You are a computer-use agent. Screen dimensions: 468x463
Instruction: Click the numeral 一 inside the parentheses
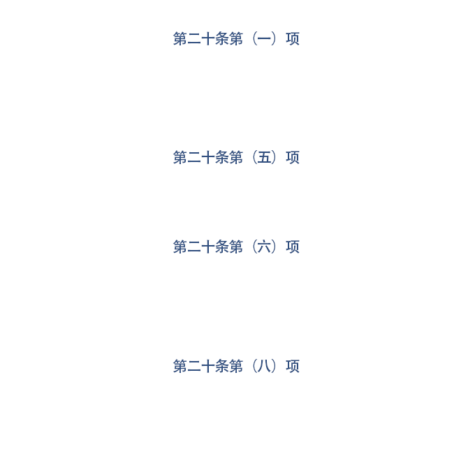coord(264,39)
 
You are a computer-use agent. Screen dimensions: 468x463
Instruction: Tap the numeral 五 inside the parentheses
coord(264,157)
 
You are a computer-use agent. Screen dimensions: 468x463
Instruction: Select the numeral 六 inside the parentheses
coord(264,247)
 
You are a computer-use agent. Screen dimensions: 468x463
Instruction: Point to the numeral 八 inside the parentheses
coord(264,366)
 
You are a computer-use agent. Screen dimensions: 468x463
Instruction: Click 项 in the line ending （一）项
coord(293,39)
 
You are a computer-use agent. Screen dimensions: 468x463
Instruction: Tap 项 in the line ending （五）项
coord(293,157)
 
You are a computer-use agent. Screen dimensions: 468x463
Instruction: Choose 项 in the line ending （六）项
coord(293,247)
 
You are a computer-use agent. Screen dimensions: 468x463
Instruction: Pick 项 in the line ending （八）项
coord(293,366)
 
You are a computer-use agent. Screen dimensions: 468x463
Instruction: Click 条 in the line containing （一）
coord(221,39)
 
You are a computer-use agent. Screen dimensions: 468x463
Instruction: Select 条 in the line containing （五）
coord(221,157)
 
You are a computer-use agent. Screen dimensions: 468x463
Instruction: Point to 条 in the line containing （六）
coord(221,247)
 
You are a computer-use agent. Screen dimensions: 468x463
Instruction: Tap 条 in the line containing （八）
coord(221,366)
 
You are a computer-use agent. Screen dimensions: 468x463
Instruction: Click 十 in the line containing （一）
coord(207,39)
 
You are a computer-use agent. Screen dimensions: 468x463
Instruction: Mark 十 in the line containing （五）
coord(207,157)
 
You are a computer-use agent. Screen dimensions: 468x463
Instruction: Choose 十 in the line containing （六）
coord(207,247)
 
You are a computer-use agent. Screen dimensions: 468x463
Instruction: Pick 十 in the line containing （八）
coord(207,366)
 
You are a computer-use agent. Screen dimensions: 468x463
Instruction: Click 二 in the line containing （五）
coord(194,158)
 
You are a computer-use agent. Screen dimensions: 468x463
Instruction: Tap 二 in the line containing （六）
coord(194,247)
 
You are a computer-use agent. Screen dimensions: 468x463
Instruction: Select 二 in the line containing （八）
coord(194,367)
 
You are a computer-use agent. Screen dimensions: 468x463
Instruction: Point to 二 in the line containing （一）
coord(194,39)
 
